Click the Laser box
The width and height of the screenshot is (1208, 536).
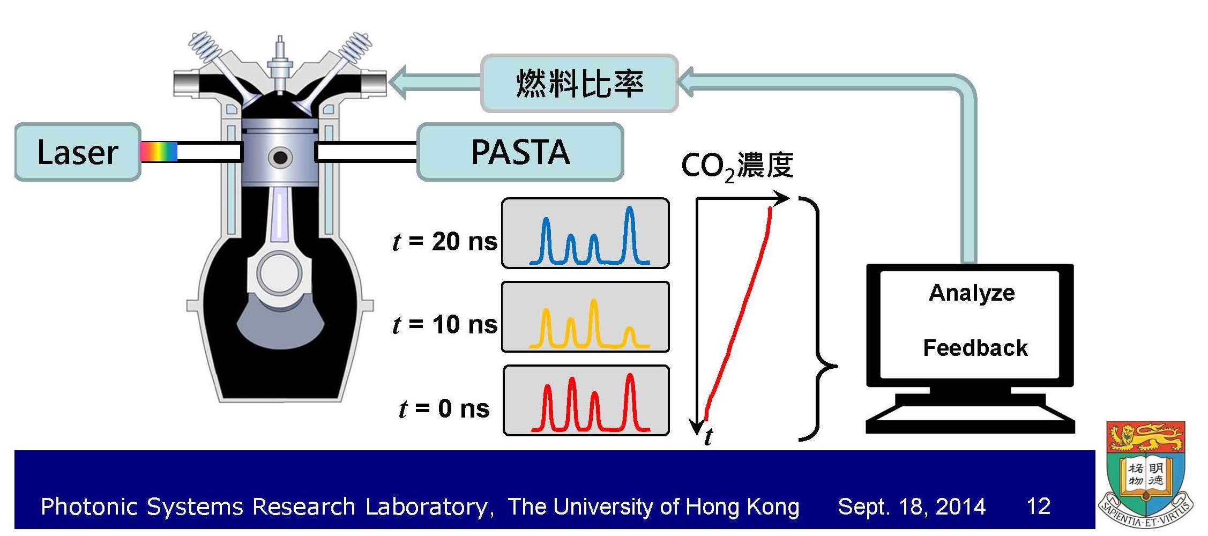point(77,152)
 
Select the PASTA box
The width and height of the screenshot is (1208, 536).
point(520,152)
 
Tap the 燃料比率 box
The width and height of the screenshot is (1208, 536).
point(579,84)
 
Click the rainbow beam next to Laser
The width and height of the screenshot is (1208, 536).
point(159,152)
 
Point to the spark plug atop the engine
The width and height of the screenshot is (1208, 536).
point(279,64)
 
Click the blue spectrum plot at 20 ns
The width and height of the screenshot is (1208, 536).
point(585,234)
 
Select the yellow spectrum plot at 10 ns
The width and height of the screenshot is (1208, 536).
point(585,317)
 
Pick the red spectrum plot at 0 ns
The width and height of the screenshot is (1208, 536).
point(586,401)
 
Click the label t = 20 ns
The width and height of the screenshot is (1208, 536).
point(445,241)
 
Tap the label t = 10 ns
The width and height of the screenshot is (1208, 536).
point(445,325)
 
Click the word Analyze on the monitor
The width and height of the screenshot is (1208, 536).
point(972,293)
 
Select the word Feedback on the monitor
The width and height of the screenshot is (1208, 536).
point(975,348)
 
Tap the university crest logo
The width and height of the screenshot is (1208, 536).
point(1145,475)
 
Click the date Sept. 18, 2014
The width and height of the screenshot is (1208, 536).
point(911,507)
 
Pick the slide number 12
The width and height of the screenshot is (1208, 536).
point(1038,507)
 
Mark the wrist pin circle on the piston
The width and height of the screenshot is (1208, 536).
point(280,158)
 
